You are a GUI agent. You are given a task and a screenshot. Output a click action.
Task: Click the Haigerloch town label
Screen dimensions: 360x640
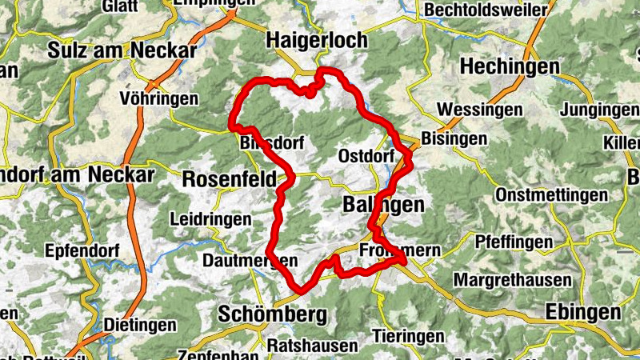tap(316, 39)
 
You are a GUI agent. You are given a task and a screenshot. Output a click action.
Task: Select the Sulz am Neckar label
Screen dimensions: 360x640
tap(122, 50)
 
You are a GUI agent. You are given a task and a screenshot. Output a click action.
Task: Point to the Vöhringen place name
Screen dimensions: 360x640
tap(158, 98)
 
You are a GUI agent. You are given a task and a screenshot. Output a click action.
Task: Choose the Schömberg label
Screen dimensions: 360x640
tap(273, 314)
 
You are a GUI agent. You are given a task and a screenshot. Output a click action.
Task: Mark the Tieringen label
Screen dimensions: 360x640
tap(408, 335)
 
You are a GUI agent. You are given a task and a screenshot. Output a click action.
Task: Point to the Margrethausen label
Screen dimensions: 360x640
tap(512, 280)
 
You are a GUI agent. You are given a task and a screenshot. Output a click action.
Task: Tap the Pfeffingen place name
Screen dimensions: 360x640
tap(514, 241)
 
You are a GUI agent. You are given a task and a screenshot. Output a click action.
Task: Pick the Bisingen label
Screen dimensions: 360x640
tap(454, 138)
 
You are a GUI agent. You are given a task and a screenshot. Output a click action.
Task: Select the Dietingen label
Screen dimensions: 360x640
tap(140, 325)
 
